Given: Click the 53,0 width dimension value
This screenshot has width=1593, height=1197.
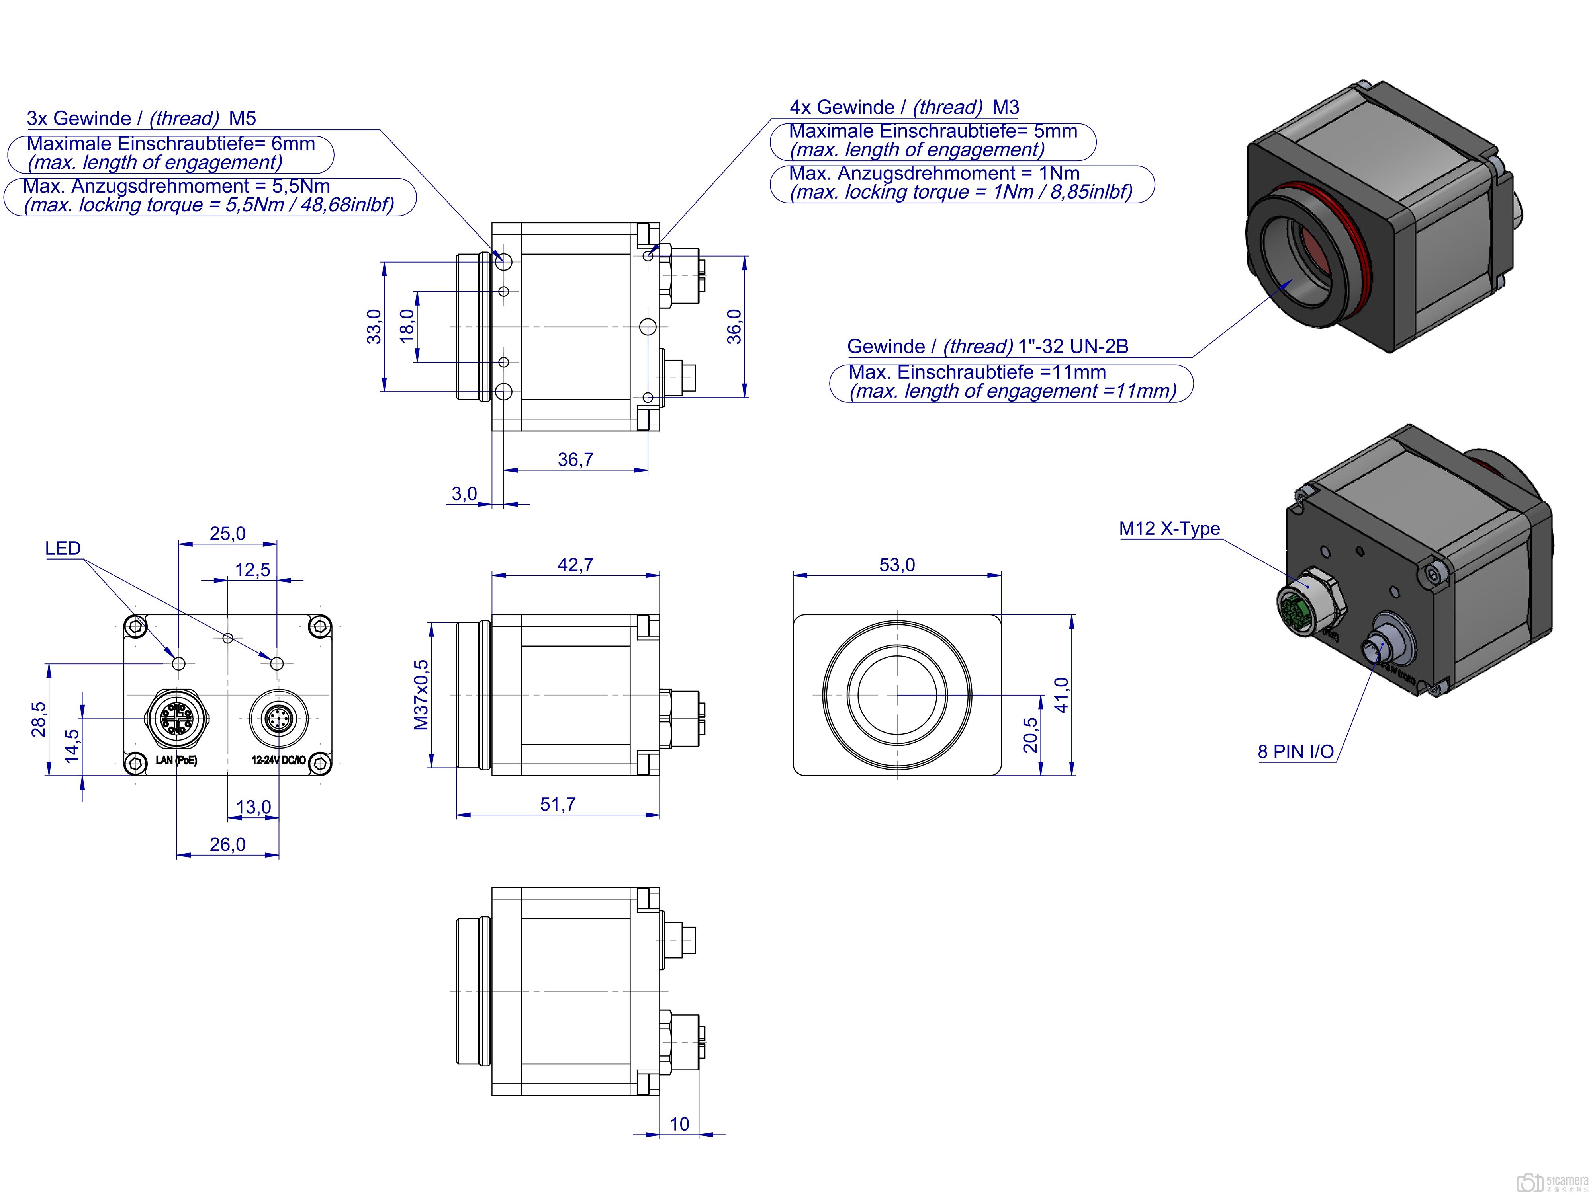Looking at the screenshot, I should (896, 565).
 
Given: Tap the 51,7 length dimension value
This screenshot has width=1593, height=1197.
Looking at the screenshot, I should (558, 804).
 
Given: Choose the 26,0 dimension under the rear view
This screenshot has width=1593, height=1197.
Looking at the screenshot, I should (227, 844).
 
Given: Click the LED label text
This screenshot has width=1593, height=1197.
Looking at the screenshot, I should (63, 548).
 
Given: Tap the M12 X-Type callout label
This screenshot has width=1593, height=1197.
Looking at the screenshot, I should (1169, 528).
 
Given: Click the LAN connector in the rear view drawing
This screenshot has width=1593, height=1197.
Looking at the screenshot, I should (176, 717).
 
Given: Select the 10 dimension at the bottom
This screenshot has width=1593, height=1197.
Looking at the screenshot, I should (679, 1124).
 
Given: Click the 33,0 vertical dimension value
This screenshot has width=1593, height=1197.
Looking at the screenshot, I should (374, 326).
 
